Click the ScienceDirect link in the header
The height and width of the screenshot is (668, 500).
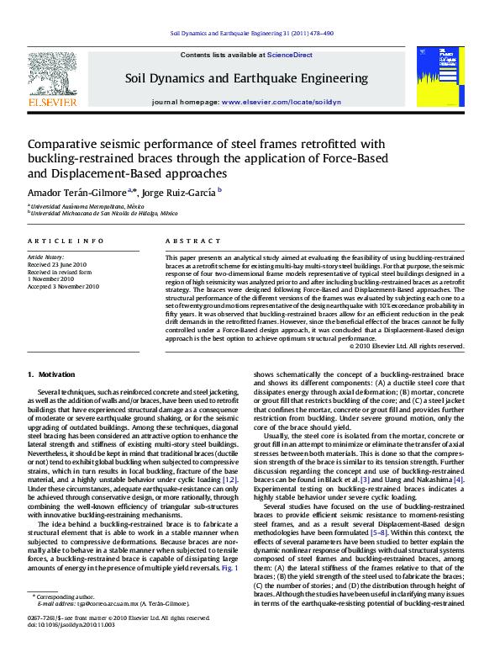290,55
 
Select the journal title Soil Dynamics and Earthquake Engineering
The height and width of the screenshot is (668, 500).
246,78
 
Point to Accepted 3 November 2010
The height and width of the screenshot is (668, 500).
63,286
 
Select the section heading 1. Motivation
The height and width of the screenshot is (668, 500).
51,374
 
